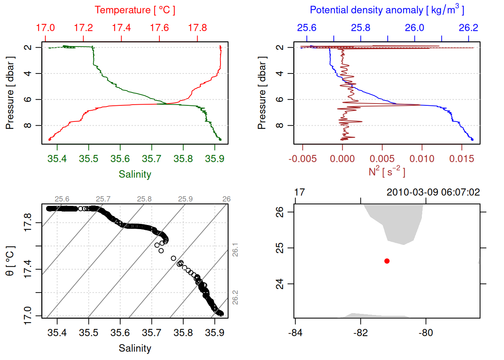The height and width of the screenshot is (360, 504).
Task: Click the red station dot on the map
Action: [x=387, y=261]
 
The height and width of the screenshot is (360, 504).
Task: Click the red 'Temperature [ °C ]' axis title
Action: [x=135, y=10]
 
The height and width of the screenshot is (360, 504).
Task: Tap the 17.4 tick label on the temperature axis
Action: [x=121, y=28]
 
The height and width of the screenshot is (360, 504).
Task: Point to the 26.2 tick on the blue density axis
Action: [x=468, y=28]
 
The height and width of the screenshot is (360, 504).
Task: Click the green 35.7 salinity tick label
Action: [x=151, y=159]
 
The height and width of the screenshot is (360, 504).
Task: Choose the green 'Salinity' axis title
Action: [x=135, y=174]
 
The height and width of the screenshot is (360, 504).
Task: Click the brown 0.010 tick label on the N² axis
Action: [x=422, y=159]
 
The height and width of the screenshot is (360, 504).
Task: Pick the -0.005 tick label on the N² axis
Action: [x=303, y=159]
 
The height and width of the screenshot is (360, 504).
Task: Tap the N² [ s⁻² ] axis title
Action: [x=387, y=171]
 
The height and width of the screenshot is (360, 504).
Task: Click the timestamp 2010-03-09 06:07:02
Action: [x=433, y=192]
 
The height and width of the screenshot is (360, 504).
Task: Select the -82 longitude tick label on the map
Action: [x=360, y=333]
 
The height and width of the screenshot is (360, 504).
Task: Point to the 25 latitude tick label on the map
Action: [x=280, y=248]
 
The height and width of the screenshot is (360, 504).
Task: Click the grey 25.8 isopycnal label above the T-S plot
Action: [x=144, y=199]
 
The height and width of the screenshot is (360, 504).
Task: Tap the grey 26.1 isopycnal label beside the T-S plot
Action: [x=235, y=250]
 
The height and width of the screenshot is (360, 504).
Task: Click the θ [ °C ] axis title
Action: [x=10, y=261]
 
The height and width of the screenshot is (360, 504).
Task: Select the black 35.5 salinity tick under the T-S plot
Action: [x=88, y=333]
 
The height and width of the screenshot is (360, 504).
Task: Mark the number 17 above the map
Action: [x=299, y=192]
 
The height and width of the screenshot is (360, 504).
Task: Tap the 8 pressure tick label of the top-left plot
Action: [x=28, y=125]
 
